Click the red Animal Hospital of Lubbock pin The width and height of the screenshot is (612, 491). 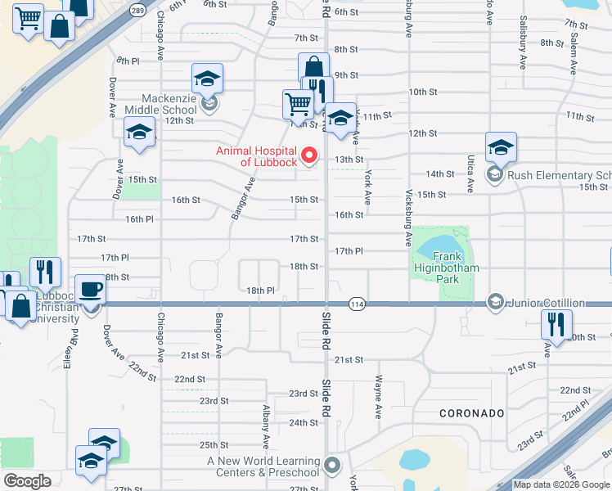(x=309, y=155)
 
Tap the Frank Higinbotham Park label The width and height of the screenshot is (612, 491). (x=446, y=268)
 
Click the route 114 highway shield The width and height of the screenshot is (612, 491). (x=356, y=304)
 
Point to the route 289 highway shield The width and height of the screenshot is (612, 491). (x=137, y=10)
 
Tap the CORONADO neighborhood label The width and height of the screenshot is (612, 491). (x=470, y=413)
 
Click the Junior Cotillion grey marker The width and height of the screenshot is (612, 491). (x=495, y=303)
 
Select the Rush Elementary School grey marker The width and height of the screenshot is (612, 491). (x=495, y=174)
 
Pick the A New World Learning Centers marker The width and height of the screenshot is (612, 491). (x=331, y=466)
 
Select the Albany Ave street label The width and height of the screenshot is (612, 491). (x=266, y=426)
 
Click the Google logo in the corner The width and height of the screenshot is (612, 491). (x=28, y=481)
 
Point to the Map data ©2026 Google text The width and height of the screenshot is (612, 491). (x=561, y=484)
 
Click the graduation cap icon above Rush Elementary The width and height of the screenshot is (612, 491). (x=501, y=147)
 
